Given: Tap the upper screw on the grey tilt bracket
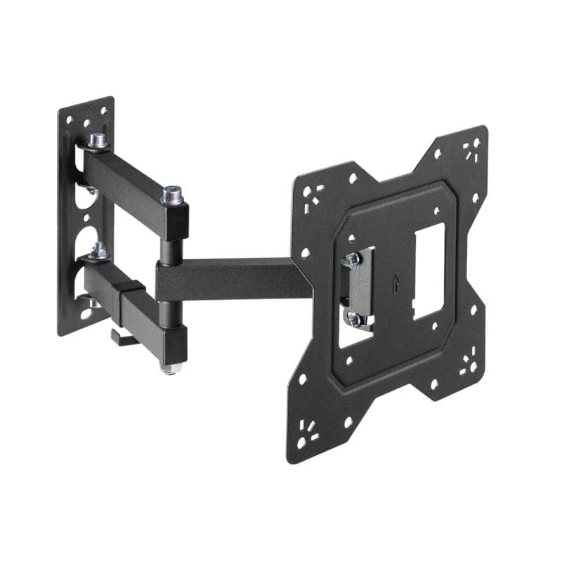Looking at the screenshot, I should click(353, 259).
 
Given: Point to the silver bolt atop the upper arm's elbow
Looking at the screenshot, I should click(171, 193).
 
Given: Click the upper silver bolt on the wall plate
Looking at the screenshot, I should click(98, 140).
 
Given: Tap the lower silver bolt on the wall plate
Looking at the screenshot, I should click(98, 250).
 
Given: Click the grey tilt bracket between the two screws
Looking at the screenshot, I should click(356, 289).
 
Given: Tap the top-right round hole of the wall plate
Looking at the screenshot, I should click(104, 111).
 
